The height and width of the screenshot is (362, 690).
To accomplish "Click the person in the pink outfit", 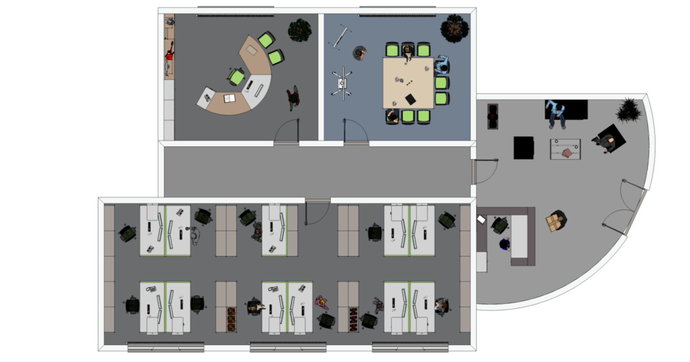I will (321, 302).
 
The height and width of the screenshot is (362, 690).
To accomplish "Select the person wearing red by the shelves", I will (169, 54).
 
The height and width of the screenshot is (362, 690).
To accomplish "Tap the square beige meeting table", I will (408, 83).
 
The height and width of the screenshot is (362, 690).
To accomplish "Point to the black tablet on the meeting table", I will (410, 99).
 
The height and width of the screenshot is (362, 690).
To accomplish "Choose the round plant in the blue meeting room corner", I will (454, 28).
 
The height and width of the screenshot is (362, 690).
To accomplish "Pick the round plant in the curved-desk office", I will (300, 30).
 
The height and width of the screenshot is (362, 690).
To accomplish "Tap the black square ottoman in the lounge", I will (523, 148).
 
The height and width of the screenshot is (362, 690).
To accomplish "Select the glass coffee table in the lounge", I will (565, 149).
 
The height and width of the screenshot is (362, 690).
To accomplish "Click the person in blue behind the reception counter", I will (505, 244).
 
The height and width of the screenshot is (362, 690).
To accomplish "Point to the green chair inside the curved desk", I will (237, 77).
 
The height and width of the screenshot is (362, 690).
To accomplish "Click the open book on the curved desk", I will (229, 98).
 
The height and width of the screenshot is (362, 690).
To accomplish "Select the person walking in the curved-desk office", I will (293, 98).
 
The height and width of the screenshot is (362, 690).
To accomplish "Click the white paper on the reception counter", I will (481, 219).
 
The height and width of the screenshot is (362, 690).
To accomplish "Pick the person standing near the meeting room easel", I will (359, 53).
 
